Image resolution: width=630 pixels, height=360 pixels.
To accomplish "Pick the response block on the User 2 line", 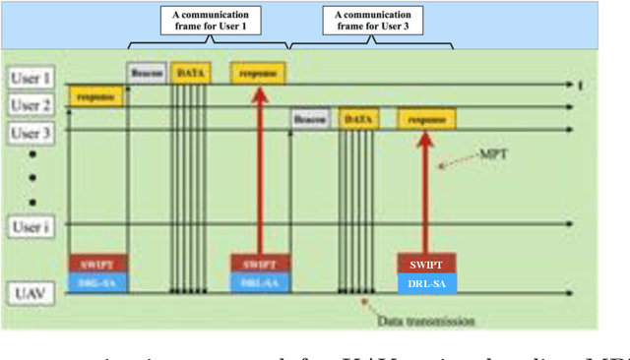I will pos(95,96).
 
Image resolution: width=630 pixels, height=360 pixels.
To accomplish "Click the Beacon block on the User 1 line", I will pos(146,73).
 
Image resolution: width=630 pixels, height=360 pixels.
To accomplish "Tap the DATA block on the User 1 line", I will pos(189,73).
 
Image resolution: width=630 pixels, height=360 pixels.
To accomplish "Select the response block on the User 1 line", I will pos(258,73).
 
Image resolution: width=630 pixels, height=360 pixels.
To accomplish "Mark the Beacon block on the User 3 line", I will pos(309,119).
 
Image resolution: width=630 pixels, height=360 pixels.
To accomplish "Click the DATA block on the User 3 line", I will pos(357,119).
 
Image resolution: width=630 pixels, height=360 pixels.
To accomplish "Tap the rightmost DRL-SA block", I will pos(426,283).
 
